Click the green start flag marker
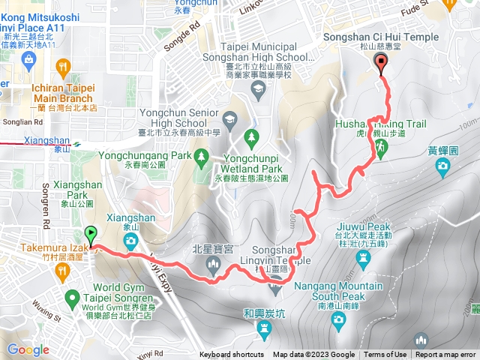click(x=91, y=234)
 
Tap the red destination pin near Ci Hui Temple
click(x=382, y=64)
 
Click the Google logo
click(x=28, y=350)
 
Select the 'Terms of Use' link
click(x=385, y=355)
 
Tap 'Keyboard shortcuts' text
click(x=231, y=355)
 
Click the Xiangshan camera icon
click(x=131, y=241)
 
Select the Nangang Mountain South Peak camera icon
click(x=339, y=318)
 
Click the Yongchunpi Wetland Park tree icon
click(x=251, y=136)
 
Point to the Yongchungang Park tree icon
click(x=200, y=156)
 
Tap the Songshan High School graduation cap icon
click(x=258, y=90)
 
